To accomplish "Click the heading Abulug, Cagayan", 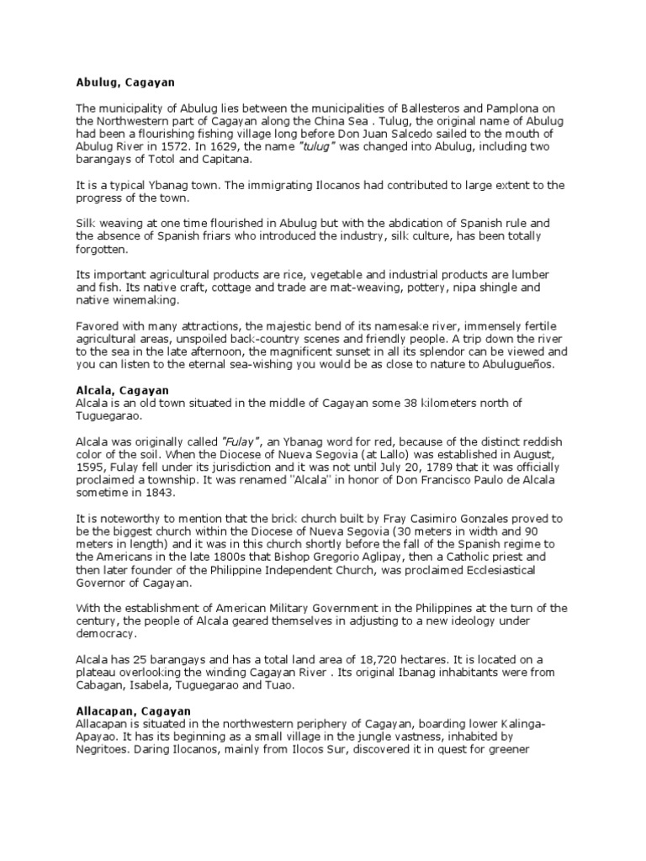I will click(124, 83).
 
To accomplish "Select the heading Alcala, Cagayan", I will click(122, 390).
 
